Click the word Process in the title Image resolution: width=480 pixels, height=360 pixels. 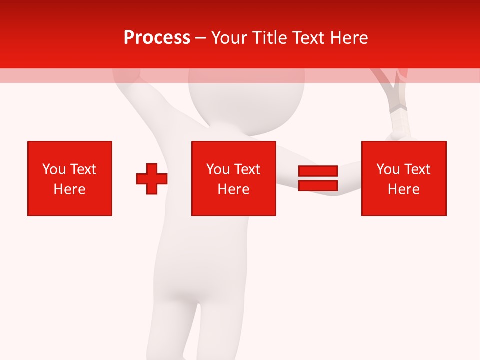pos(157,38)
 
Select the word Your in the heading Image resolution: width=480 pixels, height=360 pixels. pos(231,38)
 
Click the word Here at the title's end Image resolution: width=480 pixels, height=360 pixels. pos(349,38)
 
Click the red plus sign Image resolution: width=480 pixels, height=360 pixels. pos(152,179)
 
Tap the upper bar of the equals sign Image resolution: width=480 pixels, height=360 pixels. pos(318,171)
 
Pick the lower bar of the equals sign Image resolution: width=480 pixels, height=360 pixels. pos(318,186)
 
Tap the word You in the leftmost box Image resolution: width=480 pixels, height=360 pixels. pos(53,169)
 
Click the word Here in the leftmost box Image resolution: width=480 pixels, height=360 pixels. pos(70,189)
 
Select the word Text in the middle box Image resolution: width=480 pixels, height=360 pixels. pos(247,169)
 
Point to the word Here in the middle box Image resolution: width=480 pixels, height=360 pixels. pos(234,189)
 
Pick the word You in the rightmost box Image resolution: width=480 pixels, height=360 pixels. pos(387,169)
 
